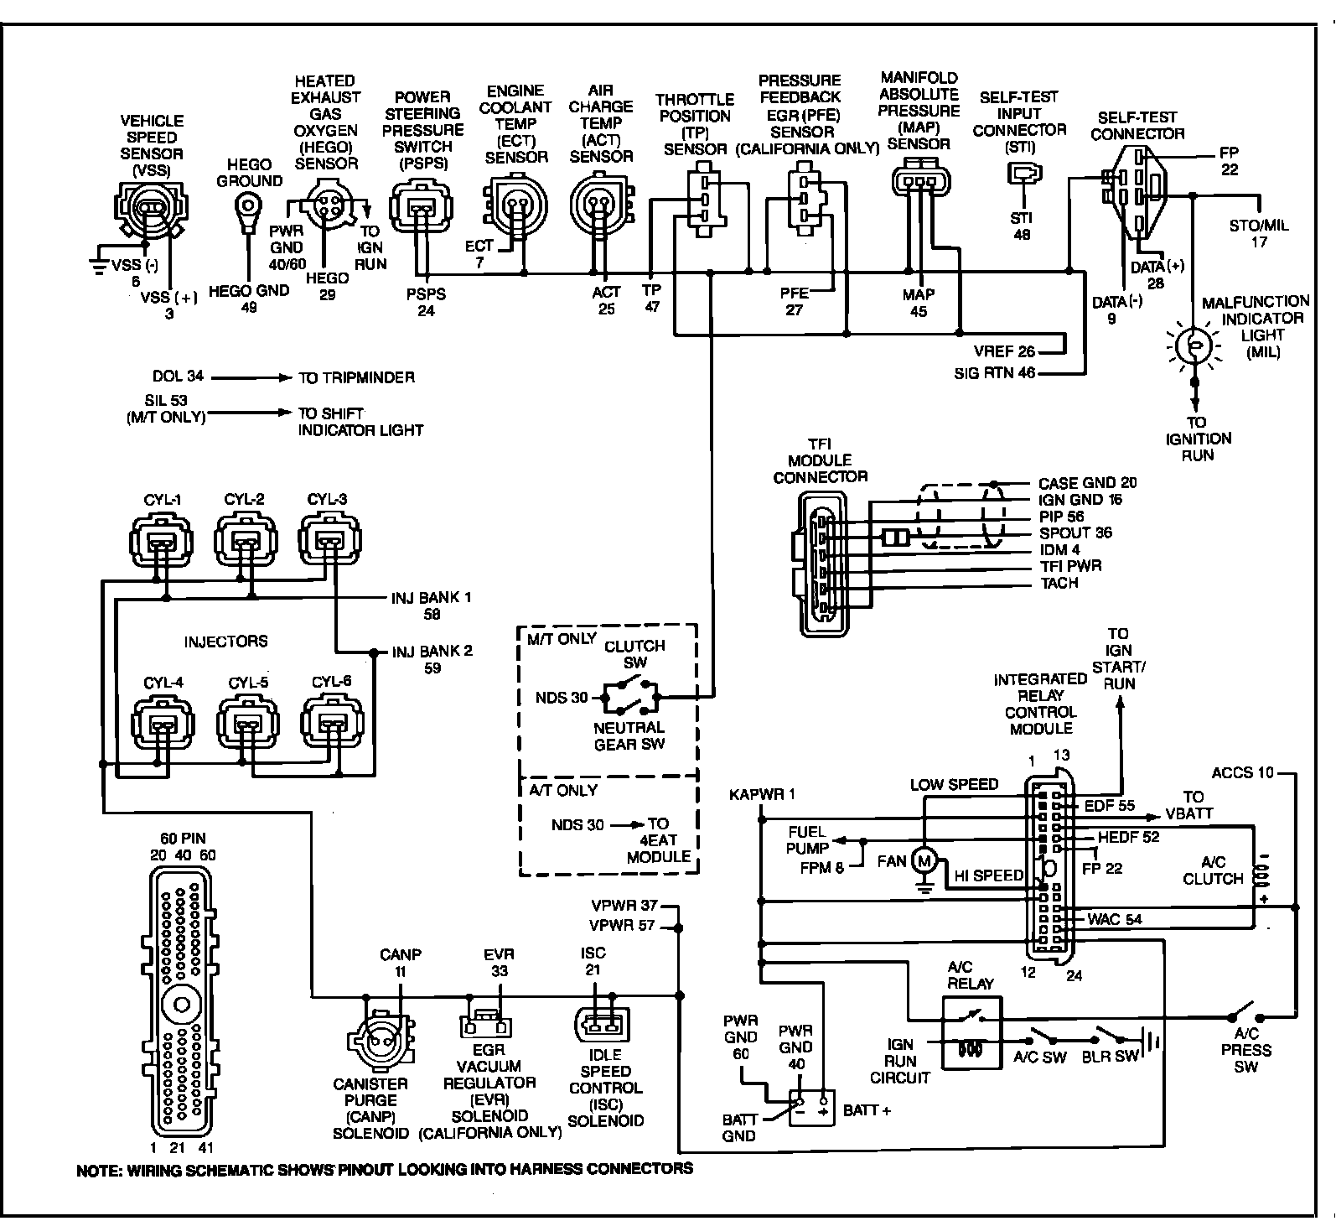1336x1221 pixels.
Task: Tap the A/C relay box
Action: pos(972,1032)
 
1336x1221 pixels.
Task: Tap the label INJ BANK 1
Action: pos(432,598)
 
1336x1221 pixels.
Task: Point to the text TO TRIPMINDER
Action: pos(357,378)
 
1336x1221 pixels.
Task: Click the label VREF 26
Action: pos(1005,351)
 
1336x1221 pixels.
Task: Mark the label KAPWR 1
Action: pos(763,793)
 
